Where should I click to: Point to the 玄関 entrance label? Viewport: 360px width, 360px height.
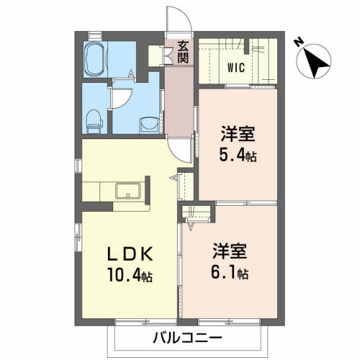pos(183,53)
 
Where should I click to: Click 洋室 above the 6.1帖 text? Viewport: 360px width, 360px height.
pos(230,253)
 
